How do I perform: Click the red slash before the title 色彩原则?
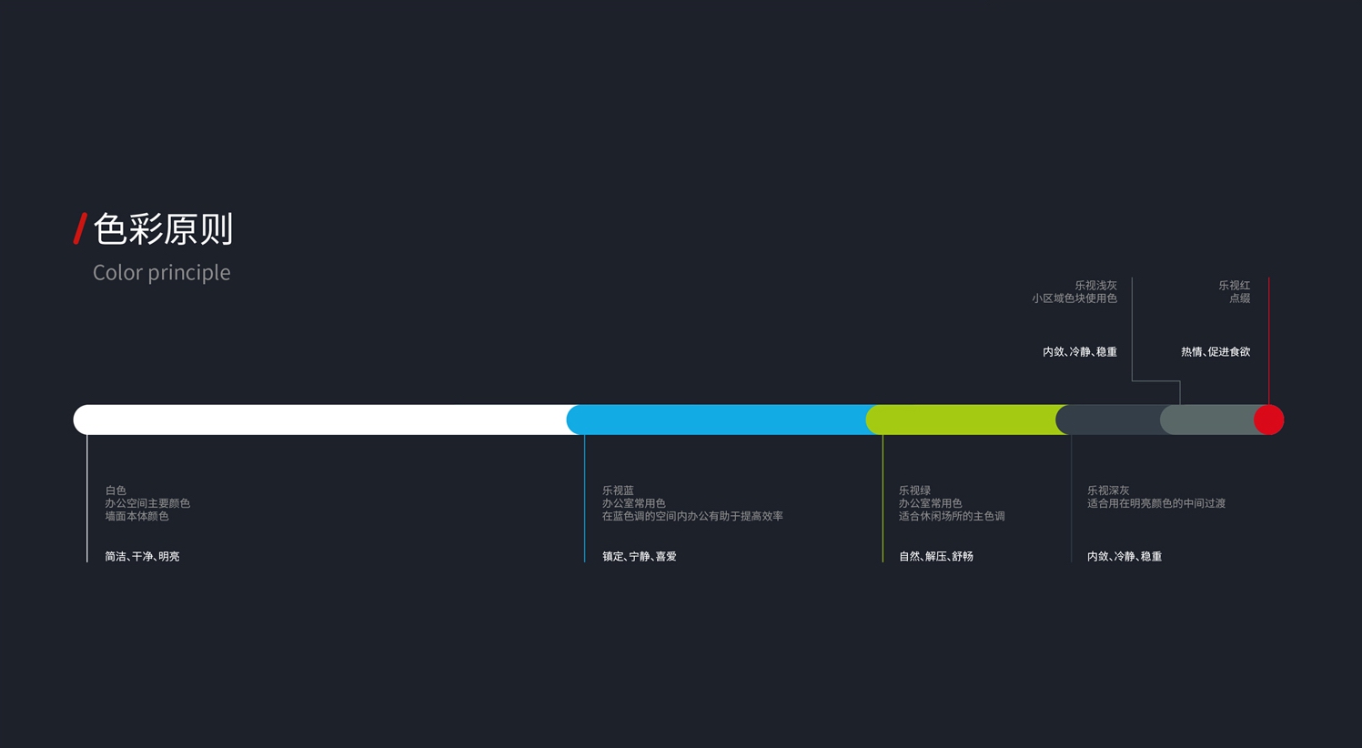pyautogui.click(x=80, y=228)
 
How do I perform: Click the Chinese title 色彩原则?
pyautogui.click(x=164, y=229)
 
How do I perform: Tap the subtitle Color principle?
pyautogui.click(x=162, y=272)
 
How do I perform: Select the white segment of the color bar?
pyautogui.click(x=318, y=419)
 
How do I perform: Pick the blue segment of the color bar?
pyautogui.click(x=719, y=419)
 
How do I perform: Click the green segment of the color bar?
pyautogui.click(x=964, y=419)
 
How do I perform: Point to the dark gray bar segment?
pyautogui.click(x=1108, y=419)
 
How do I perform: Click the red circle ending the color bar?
pyautogui.click(x=1269, y=419)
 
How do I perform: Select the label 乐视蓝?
pyautogui.click(x=618, y=490)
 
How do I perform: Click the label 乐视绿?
pyautogui.click(x=914, y=490)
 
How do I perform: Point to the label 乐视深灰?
pyautogui.click(x=1108, y=490)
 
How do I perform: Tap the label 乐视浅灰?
pyautogui.click(x=1095, y=286)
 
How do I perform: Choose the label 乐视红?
pyautogui.click(x=1235, y=286)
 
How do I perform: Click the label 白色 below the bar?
pyautogui.click(x=116, y=490)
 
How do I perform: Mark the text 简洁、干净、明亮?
pyautogui.click(x=142, y=556)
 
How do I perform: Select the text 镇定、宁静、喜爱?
pyautogui.click(x=640, y=556)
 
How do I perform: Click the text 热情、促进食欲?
pyautogui.click(x=1216, y=352)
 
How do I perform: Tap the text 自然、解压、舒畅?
pyautogui.click(x=936, y=556)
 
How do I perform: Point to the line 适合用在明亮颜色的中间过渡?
pyautogui.click(x=1156, y=503)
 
